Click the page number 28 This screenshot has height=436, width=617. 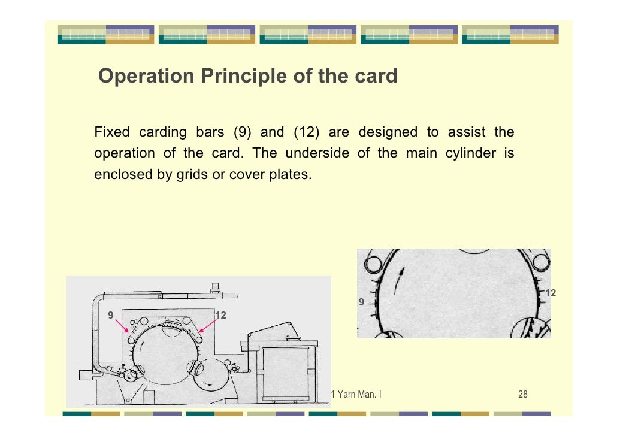522,394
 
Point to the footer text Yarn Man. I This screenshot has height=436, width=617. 359,394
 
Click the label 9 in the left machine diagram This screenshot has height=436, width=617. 111,314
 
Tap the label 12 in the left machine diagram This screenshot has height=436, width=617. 220,314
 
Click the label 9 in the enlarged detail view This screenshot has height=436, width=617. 361,302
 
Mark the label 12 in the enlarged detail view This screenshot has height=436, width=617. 551,293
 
